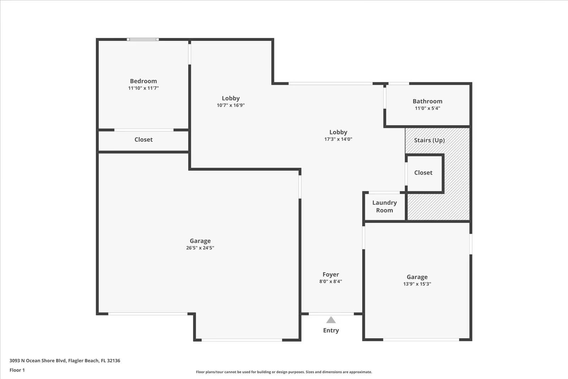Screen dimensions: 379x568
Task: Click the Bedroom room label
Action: [x=143, y=81]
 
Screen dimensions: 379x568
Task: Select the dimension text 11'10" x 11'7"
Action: [x=143, y=88]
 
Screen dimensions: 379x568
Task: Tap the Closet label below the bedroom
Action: [x=143, y=140]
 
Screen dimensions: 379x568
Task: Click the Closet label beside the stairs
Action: [x=423, y=173]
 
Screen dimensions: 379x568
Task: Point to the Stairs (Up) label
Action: [x=429, y=140]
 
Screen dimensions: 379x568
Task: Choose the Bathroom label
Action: [x=427, y=101]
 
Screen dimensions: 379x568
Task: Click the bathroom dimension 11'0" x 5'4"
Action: [x=427, y=108]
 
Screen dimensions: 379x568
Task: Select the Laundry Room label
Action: [x=384, y=207]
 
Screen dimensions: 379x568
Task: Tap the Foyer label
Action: [x=331, y=274]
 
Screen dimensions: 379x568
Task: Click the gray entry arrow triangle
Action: [x=331, y=320]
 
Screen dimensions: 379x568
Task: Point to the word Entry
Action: [x=331, y=330]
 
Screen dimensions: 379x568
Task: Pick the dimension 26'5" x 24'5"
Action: [x=200, y=248]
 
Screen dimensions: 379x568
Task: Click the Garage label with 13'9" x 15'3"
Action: [x=417, y=277]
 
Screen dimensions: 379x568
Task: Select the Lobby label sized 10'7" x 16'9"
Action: [x=231, y=98]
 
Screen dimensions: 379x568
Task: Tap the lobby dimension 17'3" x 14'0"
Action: [x=338, y=139]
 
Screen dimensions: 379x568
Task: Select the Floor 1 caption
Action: [x=17, y=370]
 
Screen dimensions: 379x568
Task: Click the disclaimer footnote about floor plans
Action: [x=284, y=372]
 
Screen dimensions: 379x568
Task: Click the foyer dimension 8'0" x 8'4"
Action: [x=331, y=282]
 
